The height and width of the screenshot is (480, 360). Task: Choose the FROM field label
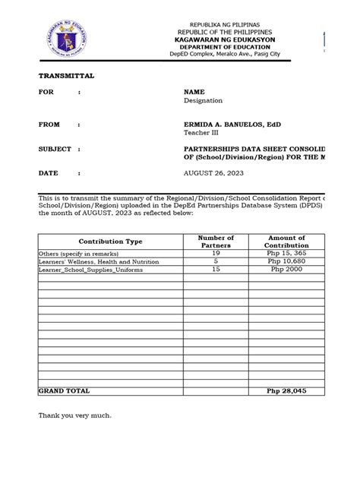[x=49, y=124]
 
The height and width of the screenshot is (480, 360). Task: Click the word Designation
[x=203, y=99]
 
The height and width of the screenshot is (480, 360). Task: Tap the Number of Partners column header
[x=216, y=242]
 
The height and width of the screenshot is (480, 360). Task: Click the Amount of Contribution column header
[x=286, y=242]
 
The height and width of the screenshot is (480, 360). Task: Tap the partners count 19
[x=216, y=253]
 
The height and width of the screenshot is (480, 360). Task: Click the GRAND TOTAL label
[x=64, y=390]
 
